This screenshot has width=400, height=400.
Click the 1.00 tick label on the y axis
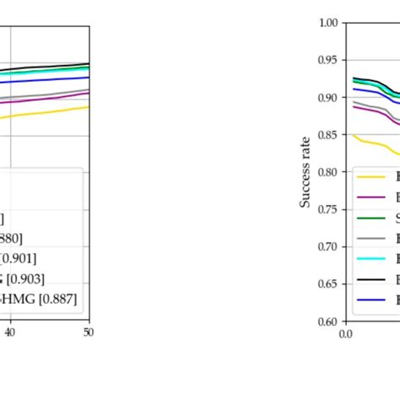pyautogui.click(x=328, y=24)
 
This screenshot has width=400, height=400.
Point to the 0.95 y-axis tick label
pyautogui.click(x=328, y=61)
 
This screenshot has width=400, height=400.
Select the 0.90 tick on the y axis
pyautogui.click(x=328, y=98)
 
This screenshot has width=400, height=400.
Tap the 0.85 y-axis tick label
pyautogui.click(x=328, y=135)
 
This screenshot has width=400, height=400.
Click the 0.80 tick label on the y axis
pyautogui.click(x=328, y=172)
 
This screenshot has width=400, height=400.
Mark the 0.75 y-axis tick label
pyautogui.click(x=328, y=209)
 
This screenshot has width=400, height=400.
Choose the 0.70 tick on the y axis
pyautogui.click(x=328, y=246)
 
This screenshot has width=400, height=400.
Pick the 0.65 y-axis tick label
pyautogui.click(x=328, y=284)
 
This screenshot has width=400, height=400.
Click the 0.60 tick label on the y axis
pyautogui.click(x=328, y=321)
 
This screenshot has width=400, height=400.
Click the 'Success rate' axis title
pyautogui.click(x=305, y=172)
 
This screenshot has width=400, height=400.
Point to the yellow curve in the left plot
pyautogui.click(x=51, y=112)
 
